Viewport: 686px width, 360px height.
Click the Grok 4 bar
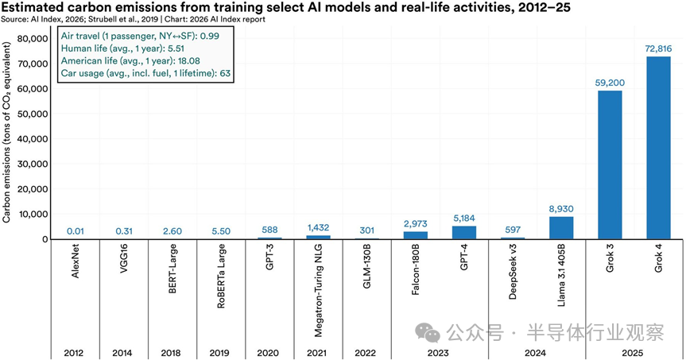coord(658,148)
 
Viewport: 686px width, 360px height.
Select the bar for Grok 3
coord(610,165)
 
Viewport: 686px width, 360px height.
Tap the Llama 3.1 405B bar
coord(561,228)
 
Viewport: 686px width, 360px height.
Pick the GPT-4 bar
coord(464,233)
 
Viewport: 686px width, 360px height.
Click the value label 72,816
coord(658,48)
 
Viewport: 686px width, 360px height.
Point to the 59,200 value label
coord(610,82)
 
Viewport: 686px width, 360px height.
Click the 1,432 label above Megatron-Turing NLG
coord(318,227)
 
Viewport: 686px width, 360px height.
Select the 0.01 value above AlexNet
coord(76,231)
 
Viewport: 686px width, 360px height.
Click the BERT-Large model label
coord(172,273)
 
